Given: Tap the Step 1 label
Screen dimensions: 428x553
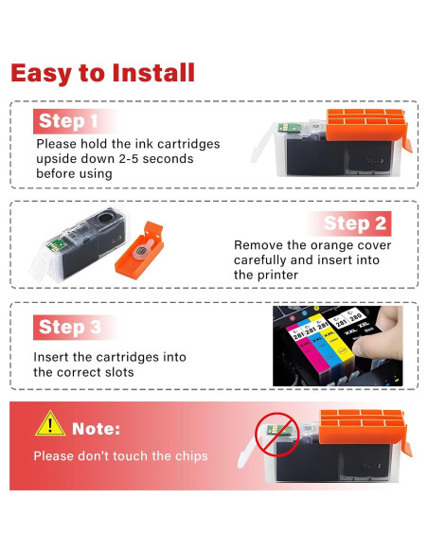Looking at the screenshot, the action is pos(68,121).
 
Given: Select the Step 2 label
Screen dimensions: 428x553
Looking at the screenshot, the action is pos(355,223).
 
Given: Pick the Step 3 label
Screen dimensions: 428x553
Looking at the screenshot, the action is pos(70,327).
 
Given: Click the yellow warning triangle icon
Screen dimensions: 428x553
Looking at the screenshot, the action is pos(50,424).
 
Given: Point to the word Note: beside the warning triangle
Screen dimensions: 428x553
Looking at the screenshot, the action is pos(96,429).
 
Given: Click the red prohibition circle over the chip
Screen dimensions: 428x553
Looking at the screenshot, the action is pos(277,434).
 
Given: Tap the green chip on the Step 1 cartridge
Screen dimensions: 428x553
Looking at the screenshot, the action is pos(289,127).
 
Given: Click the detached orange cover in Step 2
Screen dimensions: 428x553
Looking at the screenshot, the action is pos(139,250).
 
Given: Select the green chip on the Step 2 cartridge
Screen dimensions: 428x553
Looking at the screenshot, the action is pos(56,244).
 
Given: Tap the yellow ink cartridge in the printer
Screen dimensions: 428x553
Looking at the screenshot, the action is pos(333,339).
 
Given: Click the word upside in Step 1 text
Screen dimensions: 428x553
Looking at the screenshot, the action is pos(56,159).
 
